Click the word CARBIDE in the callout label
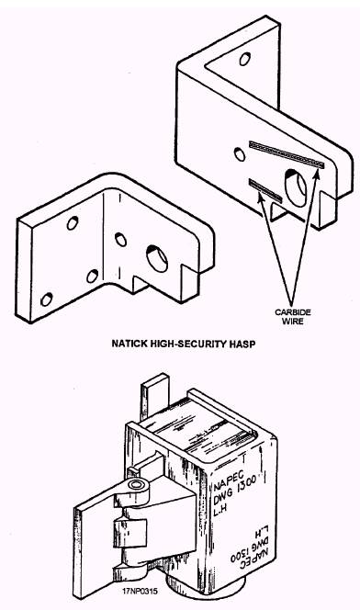pyautogui.click(x=293, y=312)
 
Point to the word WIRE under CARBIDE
pyautogui.click(x=293, y=322)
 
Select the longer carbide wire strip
pyautogui.click(x=287, y=154)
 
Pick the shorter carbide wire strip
pyautogui.click(x=265, y=190)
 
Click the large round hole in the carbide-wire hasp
pyautogui.click(x=297, y=188)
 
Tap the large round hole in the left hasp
pyautogui.click(x=157, y=259)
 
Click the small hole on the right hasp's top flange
pyautogui.click(x=244, y=59)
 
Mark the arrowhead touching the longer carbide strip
pyautogui.click(x=317, y=174)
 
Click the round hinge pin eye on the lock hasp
pyautogui.click(x=136, y=485)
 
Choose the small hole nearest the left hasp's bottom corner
pyautogui.click(x=46, y=299)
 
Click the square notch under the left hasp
pyautogui.click(x=139, y=283)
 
